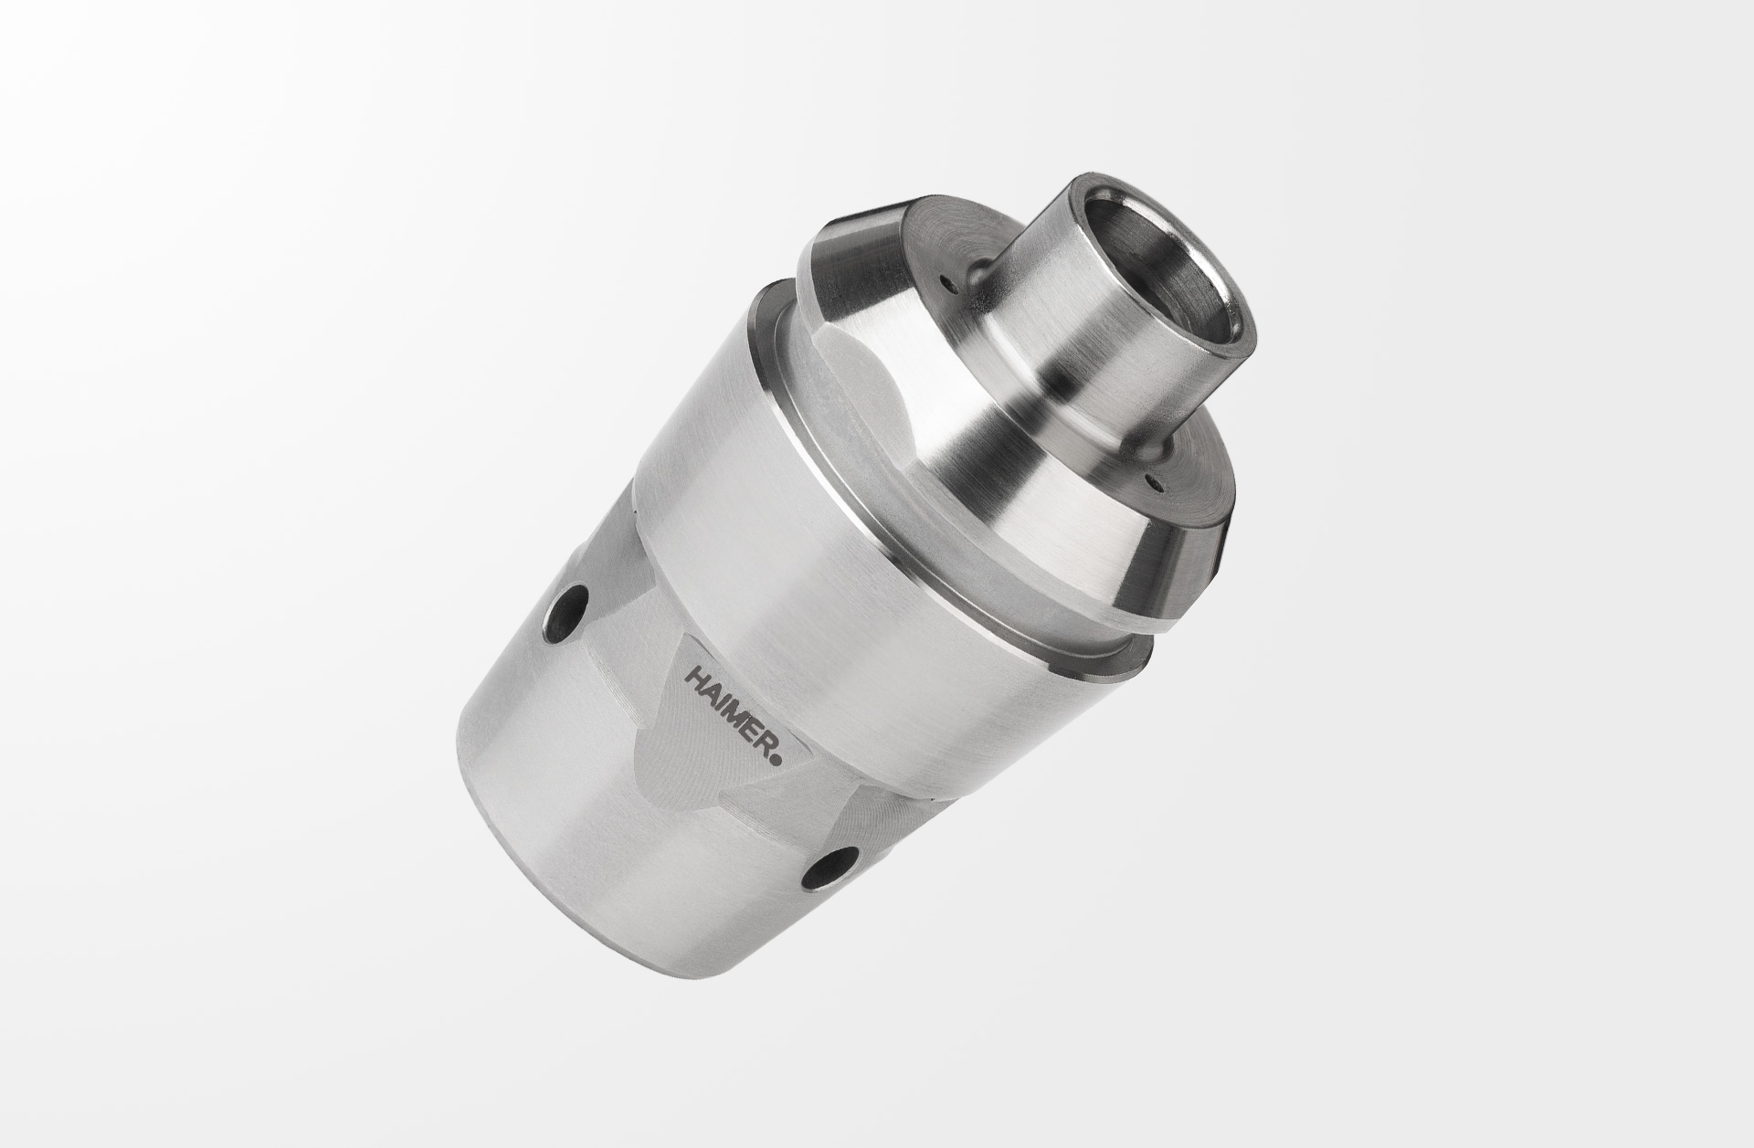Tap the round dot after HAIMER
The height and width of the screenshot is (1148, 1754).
pyautogui.click(x=777, y=756)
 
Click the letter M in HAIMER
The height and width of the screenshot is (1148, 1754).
pyautogui.click(x=731, y=712)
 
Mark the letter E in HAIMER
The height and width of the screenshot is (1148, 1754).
pyautogui.click(x=745, y=727)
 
